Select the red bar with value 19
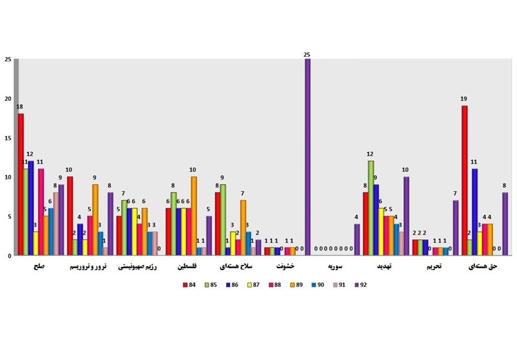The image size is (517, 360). point(464,180)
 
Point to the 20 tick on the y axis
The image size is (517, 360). point(8,99)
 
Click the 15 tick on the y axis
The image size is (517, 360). point(8,138)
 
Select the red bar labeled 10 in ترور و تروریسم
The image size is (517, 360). point(70,216)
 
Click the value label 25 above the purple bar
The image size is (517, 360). point(308,54)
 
